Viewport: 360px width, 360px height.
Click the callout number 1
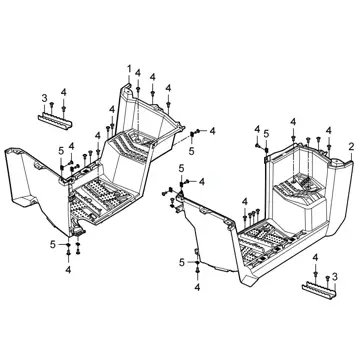click(129, 69)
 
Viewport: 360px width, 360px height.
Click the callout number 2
click(351, 146)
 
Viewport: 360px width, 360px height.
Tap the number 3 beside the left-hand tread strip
click(44, 98)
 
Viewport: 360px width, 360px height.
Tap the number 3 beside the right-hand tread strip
click(335, 276)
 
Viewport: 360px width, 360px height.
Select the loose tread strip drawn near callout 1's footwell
click(55, 121)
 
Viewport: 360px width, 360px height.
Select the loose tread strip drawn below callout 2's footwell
click(319, 290)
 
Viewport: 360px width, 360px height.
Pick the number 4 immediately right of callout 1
click(138, 73)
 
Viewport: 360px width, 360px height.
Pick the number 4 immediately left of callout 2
click(329, 131)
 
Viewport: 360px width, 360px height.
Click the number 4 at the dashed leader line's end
click(212, 131)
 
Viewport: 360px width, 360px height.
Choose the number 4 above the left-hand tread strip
click(64, 92)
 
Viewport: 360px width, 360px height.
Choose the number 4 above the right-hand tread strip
click(315, 257)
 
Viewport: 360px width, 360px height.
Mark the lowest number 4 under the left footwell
click(68, 270)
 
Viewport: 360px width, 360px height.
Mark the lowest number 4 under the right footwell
click(197, 286)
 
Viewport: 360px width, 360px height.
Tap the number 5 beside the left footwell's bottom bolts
click(53, 244)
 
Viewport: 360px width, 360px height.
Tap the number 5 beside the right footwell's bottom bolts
click(182, 262)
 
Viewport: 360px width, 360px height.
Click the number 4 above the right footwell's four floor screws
click(245, 201)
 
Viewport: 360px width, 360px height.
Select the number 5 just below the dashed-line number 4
click(191, 151)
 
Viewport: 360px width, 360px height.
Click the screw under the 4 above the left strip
click(64, 108)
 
